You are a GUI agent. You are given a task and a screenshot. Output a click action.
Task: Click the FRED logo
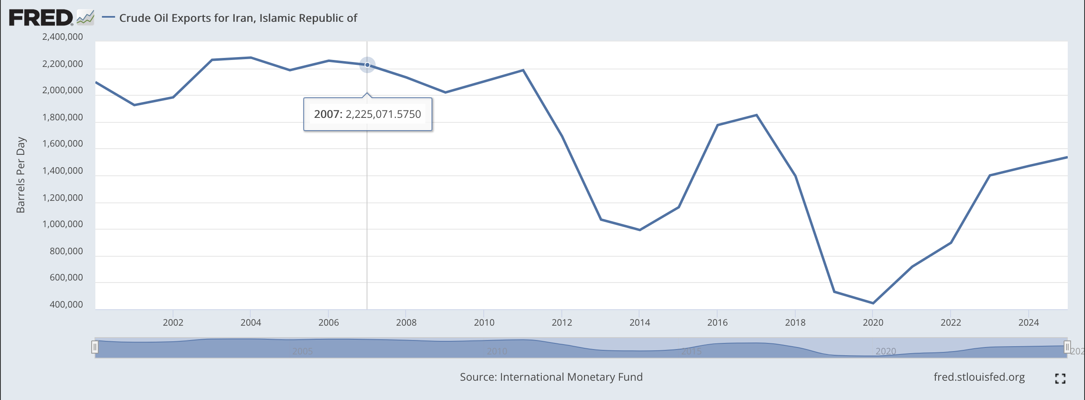41,18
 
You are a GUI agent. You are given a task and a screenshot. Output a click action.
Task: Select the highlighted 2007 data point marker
367,65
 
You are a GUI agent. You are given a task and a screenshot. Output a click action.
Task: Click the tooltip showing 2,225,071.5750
367,114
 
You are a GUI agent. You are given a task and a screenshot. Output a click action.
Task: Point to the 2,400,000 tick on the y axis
62,37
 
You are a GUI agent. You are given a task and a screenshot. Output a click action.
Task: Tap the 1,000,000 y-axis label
62,224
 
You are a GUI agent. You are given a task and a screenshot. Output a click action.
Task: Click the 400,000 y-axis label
66,304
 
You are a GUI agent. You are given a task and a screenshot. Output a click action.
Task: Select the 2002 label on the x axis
173,322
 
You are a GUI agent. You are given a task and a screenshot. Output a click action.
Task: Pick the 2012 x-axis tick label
562,322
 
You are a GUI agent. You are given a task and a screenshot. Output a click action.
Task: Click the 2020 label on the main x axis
873,322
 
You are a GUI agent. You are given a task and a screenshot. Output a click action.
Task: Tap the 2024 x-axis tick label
1029,322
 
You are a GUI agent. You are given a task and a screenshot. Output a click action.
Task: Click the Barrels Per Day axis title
21,175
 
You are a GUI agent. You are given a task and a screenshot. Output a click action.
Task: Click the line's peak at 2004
251,57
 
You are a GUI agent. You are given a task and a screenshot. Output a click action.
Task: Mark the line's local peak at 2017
757,115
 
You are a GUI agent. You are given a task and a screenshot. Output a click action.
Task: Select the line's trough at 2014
640,230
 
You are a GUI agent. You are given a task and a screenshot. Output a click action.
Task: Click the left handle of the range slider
95,347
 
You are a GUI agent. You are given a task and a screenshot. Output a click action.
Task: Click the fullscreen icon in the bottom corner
1060,379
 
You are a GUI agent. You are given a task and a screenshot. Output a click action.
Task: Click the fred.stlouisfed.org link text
979,377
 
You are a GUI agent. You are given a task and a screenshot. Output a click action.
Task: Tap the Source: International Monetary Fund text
551,377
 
